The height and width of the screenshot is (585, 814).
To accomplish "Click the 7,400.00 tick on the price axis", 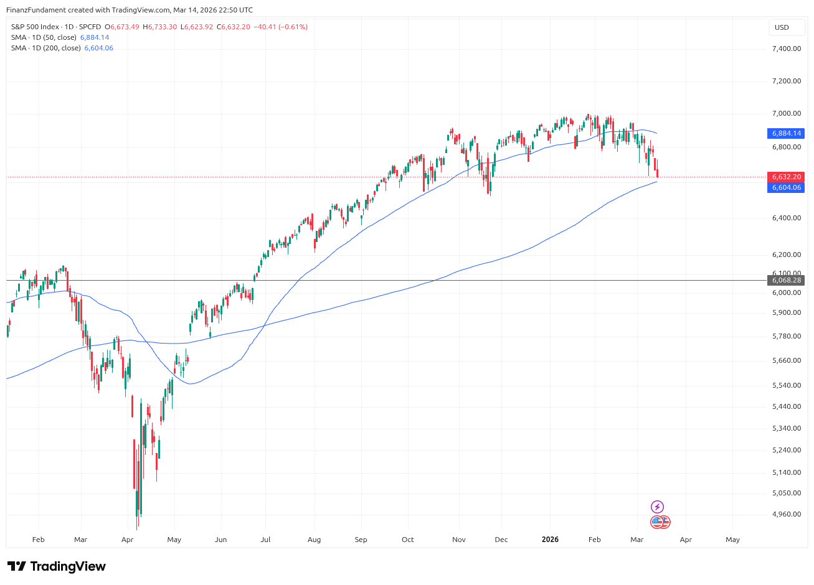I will point(786,49).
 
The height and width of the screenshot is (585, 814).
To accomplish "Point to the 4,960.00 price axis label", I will point(786,514).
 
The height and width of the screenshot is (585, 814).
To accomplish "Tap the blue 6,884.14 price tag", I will point(787,133).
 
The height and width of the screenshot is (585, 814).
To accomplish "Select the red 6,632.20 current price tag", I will point(787,177).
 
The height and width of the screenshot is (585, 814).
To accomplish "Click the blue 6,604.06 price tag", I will point(787,187).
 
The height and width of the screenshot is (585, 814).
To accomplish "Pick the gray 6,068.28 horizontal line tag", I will point(787,280).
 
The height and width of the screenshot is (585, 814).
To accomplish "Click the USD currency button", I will point(782,27).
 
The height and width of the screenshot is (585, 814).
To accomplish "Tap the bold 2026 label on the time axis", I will point(550,540).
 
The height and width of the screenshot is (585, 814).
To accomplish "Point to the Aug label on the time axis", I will point(314,540).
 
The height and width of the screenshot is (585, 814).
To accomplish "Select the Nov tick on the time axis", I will point(458,540).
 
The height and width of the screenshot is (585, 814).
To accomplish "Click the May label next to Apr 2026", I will point(732,540).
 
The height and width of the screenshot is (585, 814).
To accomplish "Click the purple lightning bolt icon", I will point(657,507).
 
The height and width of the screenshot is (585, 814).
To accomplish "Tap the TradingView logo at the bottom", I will point(56,566).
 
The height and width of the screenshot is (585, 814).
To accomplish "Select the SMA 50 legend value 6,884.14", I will point(95,37).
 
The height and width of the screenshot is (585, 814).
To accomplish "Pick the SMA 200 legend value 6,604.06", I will point(99,48).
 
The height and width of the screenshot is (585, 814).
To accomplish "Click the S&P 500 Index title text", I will point(35,27).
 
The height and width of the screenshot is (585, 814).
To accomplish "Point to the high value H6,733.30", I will point(160,27).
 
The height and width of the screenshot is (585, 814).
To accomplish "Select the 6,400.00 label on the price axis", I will point(786,218).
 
